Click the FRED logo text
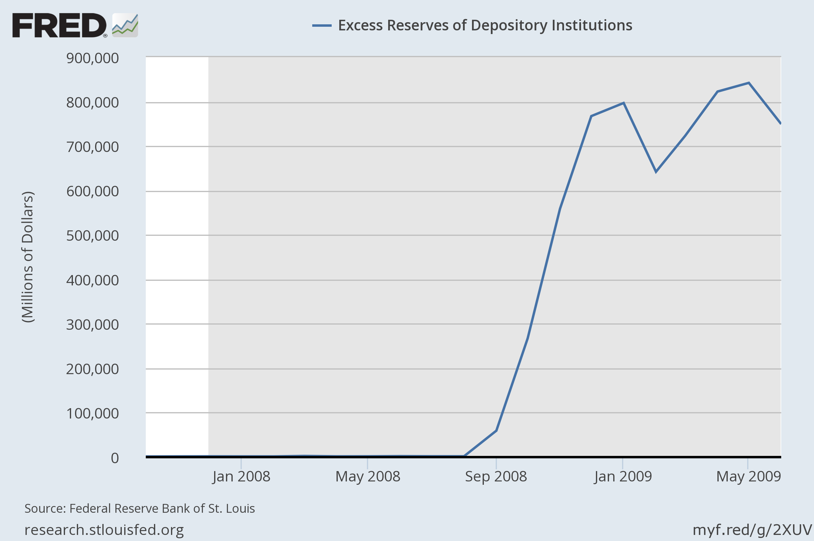tap(59, 26)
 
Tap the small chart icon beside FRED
tap(125, 26)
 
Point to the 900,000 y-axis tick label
tap(92, 58)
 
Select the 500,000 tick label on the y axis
tap(92, 236)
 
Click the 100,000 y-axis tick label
tap(92, 414)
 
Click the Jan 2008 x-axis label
tap(241, 477)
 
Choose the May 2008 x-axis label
tap(368, 477)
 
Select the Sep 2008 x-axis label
tap(496, 477)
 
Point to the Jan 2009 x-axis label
tap(623, 477)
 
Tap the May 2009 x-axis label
tap(748, 477)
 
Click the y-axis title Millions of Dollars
tap(28, 257)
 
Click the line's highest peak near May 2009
tap(749, 83)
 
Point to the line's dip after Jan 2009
tap(656, 171)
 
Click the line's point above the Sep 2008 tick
tap(496, 431)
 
